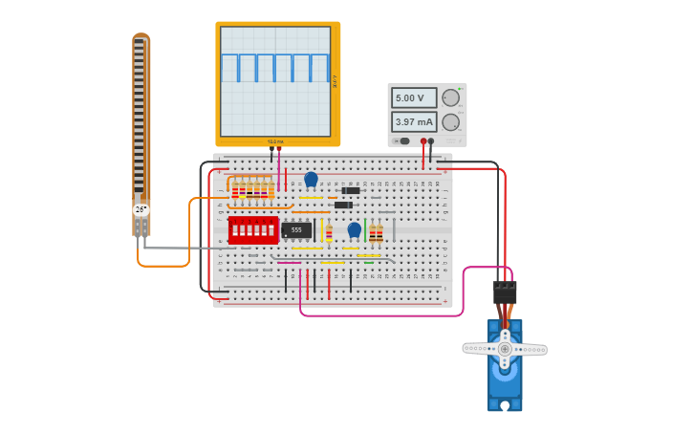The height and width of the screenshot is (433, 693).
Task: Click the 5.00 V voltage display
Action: pos(414,97)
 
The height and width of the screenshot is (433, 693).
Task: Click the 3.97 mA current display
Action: pos(414,122)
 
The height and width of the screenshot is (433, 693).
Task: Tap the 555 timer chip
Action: pos(296,230)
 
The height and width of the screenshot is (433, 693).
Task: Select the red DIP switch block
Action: pos(253,229)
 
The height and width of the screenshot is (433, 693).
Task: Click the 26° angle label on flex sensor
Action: pos(141,209)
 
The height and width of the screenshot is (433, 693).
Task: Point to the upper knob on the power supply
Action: pos(451,97)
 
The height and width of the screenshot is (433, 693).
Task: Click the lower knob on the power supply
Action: pos(451,122)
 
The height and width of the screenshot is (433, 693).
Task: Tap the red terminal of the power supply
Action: pos(423,141)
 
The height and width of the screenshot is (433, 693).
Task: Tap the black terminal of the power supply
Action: pos(431,141)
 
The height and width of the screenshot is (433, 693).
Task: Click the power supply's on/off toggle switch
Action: pos(401,141)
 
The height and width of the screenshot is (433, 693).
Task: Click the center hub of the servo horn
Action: pos(505,349)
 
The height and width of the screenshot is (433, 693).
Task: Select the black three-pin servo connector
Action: pos(505,292)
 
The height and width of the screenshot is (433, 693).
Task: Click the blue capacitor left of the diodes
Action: pos(311,179)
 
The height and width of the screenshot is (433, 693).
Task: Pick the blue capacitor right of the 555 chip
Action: pos(355,229)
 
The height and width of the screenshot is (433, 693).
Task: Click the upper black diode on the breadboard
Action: pos(350,190)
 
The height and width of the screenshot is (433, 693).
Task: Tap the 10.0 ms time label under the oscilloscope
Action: pos(275,141)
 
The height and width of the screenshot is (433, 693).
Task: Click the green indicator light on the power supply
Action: pos(460,89)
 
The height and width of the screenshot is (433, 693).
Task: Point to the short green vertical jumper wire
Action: pos(365,230)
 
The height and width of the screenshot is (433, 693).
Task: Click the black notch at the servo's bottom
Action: pos(505,405)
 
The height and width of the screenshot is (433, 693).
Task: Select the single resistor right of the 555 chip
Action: pos(329,232)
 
